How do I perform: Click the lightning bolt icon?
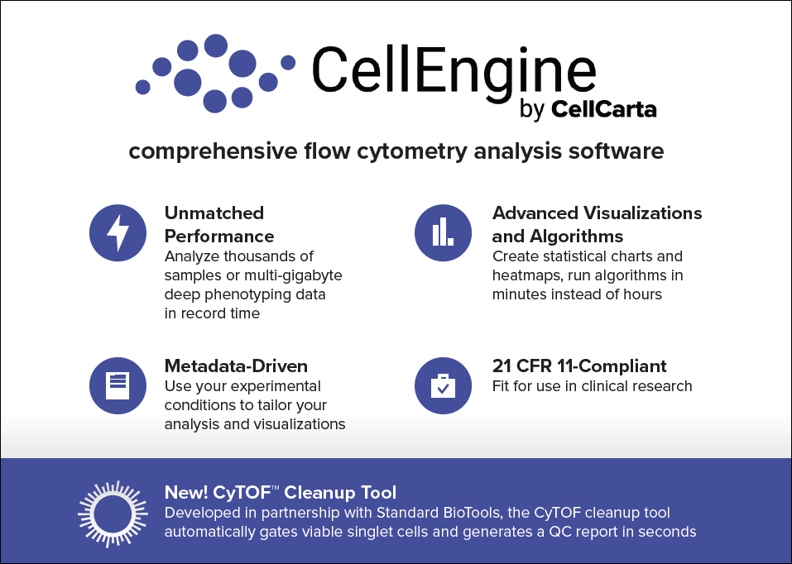[118, 232]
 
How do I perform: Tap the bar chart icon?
[443, 232]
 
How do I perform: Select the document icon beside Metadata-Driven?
[118, 385]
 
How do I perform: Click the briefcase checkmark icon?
[443, 385]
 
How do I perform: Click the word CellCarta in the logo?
[603, 109]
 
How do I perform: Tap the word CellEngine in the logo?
[454, 69]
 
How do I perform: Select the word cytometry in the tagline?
[411, 151]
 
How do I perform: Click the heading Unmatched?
[214, 213]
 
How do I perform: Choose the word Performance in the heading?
[219, 237]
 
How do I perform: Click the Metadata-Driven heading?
[236, 366]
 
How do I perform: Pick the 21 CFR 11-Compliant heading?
[579, 366]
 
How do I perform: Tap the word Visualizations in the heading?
[642, 213]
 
